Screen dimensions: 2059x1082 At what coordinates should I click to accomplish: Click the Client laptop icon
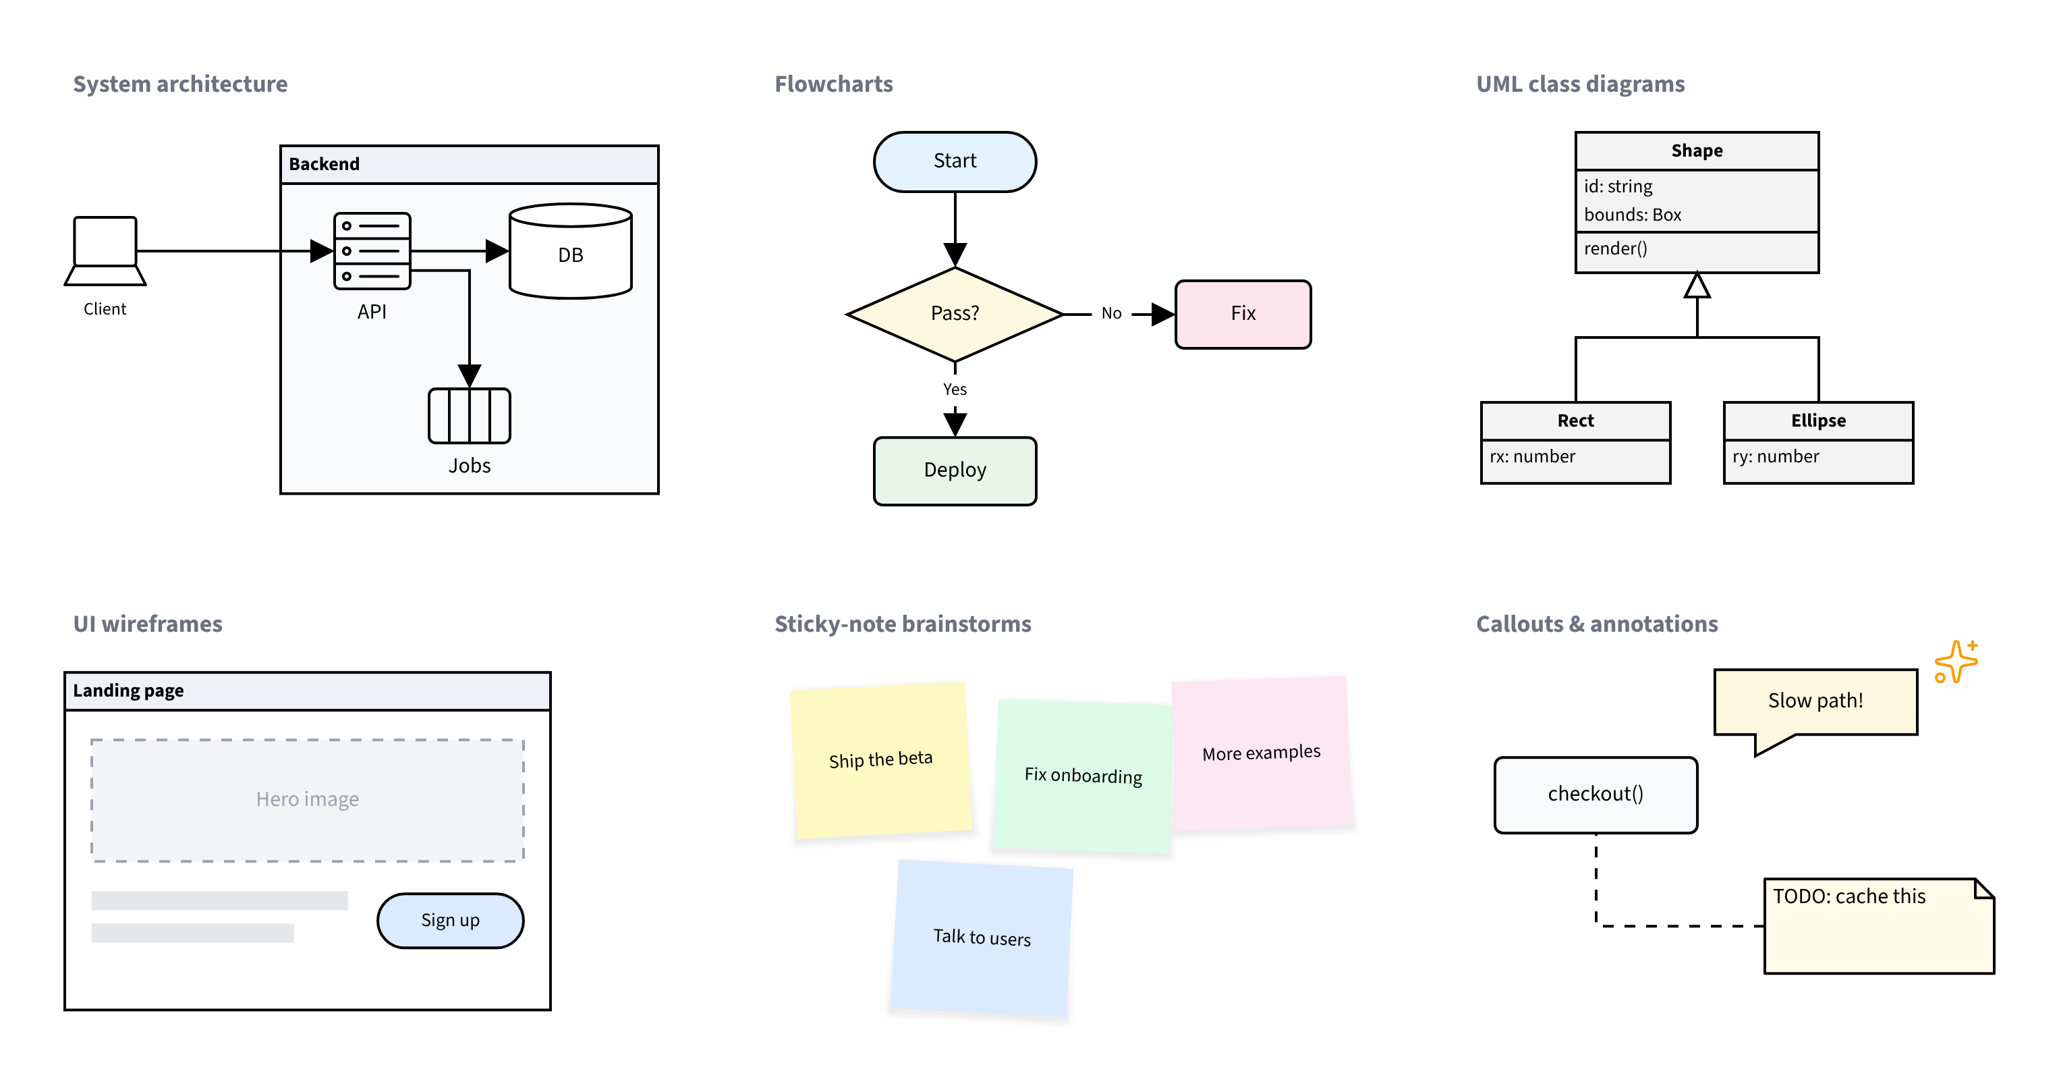click(105, 250)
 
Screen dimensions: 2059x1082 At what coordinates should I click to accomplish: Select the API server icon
click(372, 250)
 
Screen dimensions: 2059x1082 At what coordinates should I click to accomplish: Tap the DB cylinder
click(571, 251)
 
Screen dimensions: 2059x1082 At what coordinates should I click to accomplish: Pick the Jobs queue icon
click(469, 415)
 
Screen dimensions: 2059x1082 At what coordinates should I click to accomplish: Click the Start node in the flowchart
click(955, 161)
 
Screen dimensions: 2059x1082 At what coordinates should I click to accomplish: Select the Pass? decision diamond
click(955, 313)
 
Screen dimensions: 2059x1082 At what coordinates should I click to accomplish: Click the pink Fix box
click(1243, 313)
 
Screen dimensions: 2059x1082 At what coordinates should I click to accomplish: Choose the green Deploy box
click(955, 470)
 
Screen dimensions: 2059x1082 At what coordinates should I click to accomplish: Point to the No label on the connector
click(1111, 313)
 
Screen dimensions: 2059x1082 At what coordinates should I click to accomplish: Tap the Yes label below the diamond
click(955, 389)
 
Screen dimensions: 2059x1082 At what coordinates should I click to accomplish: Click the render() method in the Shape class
click(1615, 248)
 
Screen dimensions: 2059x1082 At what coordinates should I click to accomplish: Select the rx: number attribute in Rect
click(1532, 457)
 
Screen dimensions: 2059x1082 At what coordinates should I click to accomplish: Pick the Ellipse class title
click(1818, 421)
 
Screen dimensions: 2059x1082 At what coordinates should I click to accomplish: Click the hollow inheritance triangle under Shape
click(1697, 286)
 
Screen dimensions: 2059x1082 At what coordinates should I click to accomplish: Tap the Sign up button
click(450, 921)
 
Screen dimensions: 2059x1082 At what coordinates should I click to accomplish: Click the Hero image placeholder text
click(307, 799)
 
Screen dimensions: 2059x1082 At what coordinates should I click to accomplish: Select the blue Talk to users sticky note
click(982, 939)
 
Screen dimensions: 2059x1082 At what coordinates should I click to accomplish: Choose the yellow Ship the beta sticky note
click(881, 760)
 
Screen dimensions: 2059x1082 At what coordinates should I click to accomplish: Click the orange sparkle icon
click(1956, 661)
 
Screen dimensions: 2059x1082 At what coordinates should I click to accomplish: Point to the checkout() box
click(1596, 795)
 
